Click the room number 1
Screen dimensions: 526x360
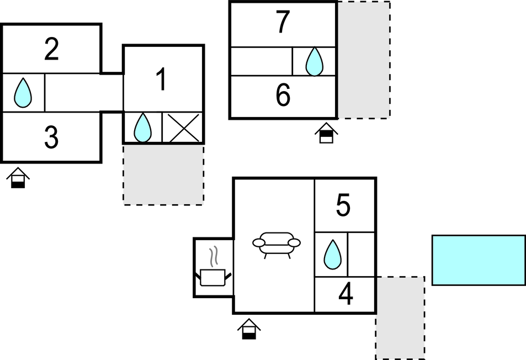pyautogui.click(x=162, y=79)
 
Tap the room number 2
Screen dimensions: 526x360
pyautogui.click(x=51, y=49)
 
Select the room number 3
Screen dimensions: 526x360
pyautogui.click(x=51, y=137)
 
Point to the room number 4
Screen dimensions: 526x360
pyautogui.click(x=346, y=294)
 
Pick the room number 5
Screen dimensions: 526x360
pyautogui.click(x=343, y=205)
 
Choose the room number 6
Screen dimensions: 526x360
pyautogui.click(x=283, y=95)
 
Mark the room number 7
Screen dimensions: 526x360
pyautogui.click(x=283, y=22)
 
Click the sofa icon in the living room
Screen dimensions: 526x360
pyautogui.click(x=277, y=245)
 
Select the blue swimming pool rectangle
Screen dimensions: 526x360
pyautogui.click(x=479, y=261)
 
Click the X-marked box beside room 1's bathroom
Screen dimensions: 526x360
pyautogui.click(x=183, y=128)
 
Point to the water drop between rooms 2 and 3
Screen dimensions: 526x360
pyautogui.click(x=23, y=93)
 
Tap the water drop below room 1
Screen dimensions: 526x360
pyautogui.click(x=142, y=128)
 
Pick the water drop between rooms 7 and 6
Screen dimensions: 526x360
pyautogui.click(x=314, y=61)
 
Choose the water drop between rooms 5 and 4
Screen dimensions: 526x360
pyautogui.click(x=332, y=255)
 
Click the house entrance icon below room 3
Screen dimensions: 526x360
pyautogui.click(x=18, y=178)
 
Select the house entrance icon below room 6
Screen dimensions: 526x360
pyautogui.click(x=326, y=133)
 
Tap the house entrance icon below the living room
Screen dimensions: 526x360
pyautogui.click(x=249, y=329)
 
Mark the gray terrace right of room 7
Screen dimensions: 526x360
pyautogui.click(x=364, y=60)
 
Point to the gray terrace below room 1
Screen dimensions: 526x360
pyautogui.click(x=163, y=175)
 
